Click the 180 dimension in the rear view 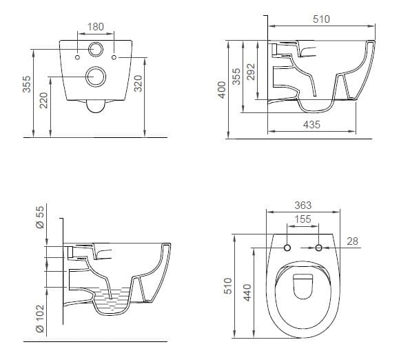click(96, 27)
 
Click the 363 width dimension click(303, 205)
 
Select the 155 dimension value click(303, 219)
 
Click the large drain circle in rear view click(95, 77)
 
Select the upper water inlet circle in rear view click(95, 50)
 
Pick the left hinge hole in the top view click(287, 247)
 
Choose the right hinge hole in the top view click(319, 247)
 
